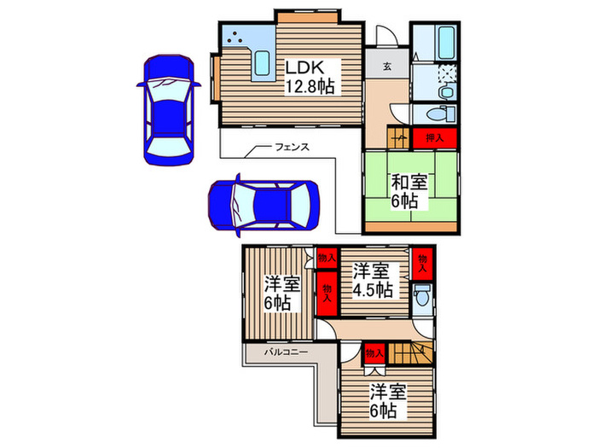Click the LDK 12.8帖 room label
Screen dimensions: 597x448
310,78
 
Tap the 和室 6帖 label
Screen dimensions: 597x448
409,191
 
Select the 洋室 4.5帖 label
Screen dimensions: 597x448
373,281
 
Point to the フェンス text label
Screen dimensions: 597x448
292,147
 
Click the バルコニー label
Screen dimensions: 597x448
286,352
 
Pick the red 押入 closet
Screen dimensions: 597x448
435,138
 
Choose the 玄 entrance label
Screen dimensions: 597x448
387,67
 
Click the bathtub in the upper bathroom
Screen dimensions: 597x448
446,43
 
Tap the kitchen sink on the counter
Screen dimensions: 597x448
262,63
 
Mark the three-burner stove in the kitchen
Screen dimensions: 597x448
235,37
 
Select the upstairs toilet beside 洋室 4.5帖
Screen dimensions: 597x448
422,295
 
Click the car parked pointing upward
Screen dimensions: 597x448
169,110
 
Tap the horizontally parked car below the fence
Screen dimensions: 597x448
264,206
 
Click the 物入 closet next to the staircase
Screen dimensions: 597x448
374,353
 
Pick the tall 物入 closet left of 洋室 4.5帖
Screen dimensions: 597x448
327,294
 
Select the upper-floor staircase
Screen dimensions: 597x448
411,352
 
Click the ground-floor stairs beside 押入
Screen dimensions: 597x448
398,137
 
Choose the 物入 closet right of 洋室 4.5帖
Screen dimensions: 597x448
423,264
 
